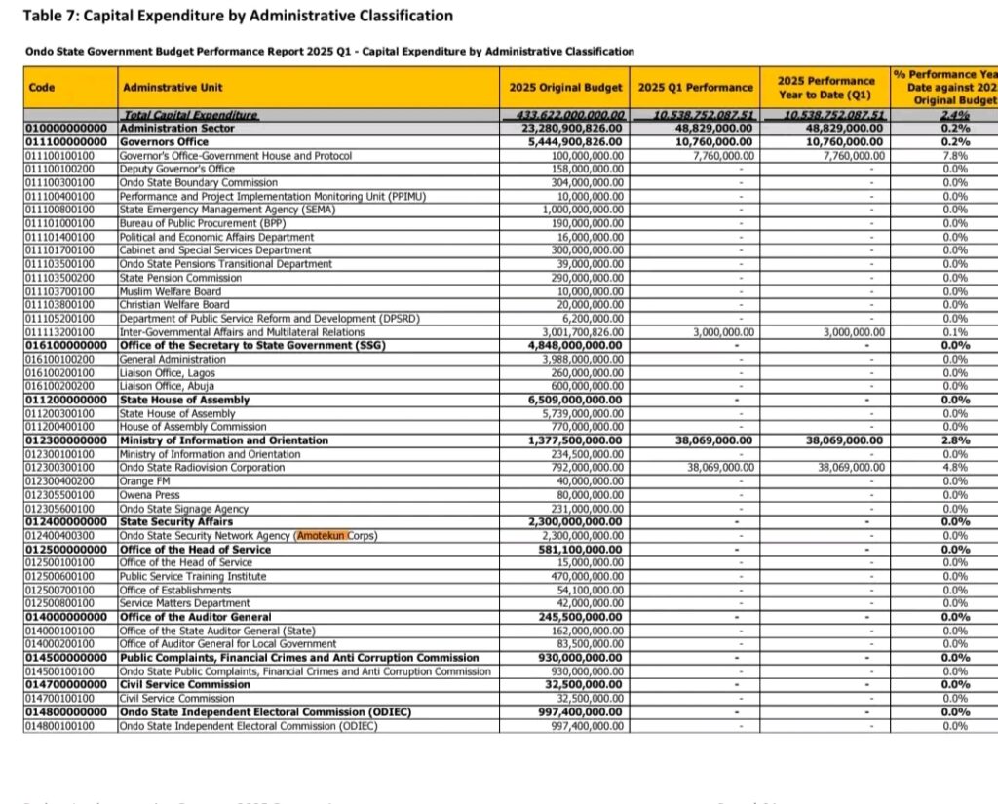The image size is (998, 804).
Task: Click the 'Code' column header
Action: (42, 88)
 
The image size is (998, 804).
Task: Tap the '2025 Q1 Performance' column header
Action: (695, 88)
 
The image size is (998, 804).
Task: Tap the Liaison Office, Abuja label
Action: (166, 386)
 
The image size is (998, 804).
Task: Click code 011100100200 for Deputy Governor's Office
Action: (58, 169)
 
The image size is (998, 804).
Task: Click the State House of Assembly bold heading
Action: (184, 400)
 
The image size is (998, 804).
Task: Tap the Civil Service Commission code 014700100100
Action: (58, 699)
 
